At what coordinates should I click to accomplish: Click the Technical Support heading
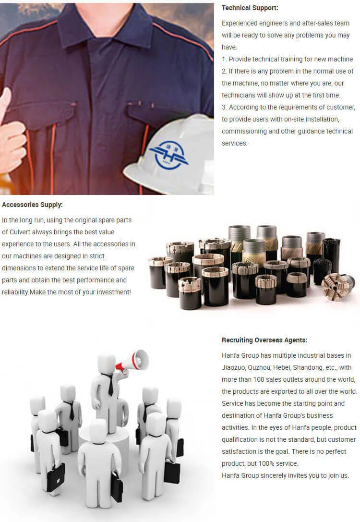coord(250,8)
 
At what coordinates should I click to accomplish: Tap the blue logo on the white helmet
coord(168,155)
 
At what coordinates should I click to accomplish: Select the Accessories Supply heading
coord(32,205)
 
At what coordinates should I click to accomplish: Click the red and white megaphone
coord(133,361)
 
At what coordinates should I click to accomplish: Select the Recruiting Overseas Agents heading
coord(264,340)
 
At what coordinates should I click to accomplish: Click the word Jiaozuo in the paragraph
coord(233,367)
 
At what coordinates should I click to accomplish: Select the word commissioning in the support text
coord(244,131)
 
